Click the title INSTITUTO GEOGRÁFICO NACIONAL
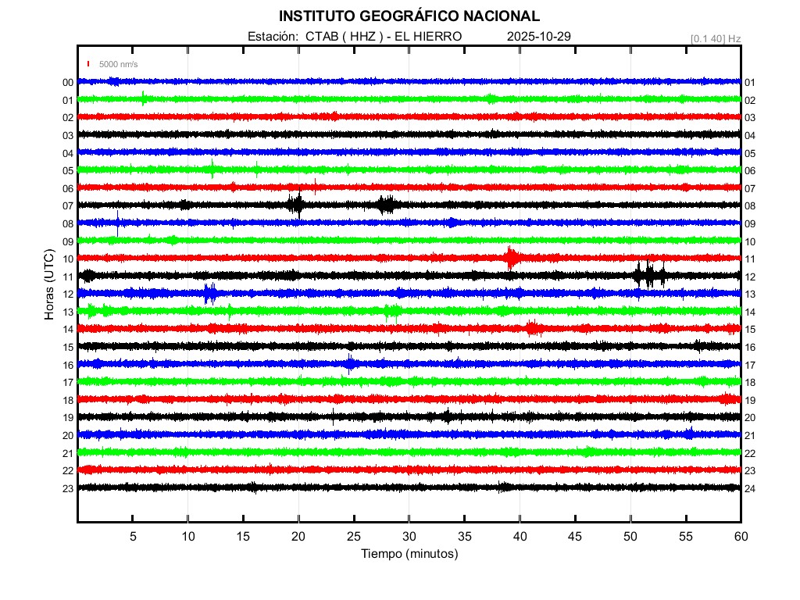tap(409, 16)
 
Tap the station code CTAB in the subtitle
tap(320, 37)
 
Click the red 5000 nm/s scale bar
tap(89, 64)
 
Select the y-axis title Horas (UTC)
tap(49, 285)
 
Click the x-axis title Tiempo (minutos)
tap(409, 554)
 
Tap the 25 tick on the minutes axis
tap(354, 537)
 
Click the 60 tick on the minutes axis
tap(741, 537)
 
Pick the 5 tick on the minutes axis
tap(133, 537)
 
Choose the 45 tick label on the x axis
tap(575, 537)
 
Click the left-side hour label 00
tap(68, 83)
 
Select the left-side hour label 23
tap(68, 488)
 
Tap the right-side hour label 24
tap(750, 488)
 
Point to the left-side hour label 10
tap(68, 259)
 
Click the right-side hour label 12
tap(750, 277)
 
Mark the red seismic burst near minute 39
tap(511, 257)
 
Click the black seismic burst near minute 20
tap(296, 205)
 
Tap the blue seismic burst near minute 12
tap(209, 293)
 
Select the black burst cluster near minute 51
tap(649, 274)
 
